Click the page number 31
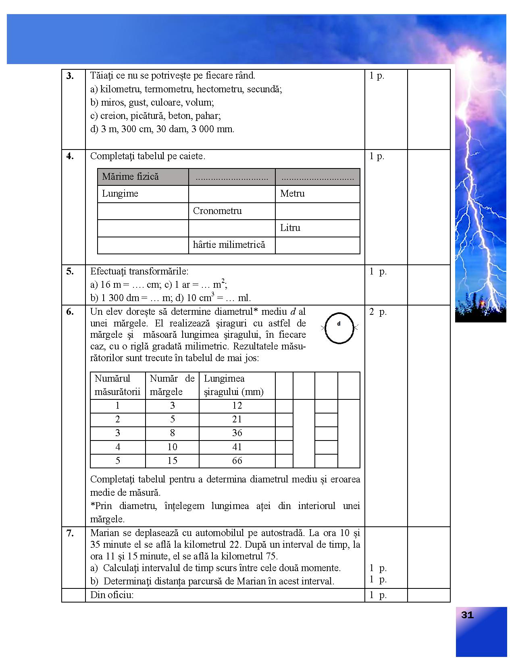click(x=467, y=615)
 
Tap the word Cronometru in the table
click(x=217, y=211)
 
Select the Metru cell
click(x=292, y=193)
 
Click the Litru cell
click(x=290, y=228)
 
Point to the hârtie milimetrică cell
click(x=229, y=245)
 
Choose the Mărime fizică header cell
click(x=130, y=177)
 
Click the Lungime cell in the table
click(x=120, y=193)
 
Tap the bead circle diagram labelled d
click(x=339, y=328)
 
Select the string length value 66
click(x=237, y=461)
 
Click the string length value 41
click(x=237, y=447)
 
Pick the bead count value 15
click(x=172, y=461)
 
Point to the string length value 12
click(x=237, y=406)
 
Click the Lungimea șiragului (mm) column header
click(x=234, y=385)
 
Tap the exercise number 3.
click(x=70, y=76)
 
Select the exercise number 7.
click(x=70, y=533)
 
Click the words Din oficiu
click(x=112, y=595)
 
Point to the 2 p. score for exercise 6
click(x=378, y=312)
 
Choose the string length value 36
click(x=237, y=433)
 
